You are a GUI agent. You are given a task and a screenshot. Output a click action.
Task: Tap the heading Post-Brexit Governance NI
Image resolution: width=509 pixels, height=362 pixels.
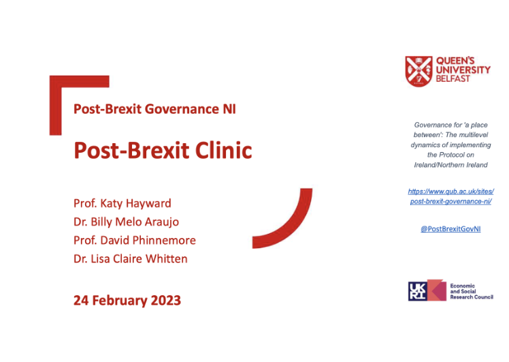pos(154,108)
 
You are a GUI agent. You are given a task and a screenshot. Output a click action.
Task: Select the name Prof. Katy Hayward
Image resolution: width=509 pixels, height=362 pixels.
pos(122,204)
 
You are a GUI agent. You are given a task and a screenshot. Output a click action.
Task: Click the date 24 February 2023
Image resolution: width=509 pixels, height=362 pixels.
pos(127,300)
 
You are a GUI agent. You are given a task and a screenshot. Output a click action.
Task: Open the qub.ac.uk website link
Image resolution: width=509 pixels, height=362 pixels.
pos(450,196)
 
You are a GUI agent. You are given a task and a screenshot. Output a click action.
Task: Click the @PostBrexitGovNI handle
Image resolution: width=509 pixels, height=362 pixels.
pos(450,229)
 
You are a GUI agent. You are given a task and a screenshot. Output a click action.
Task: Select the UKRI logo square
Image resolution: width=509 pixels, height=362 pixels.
pos(418,290)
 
